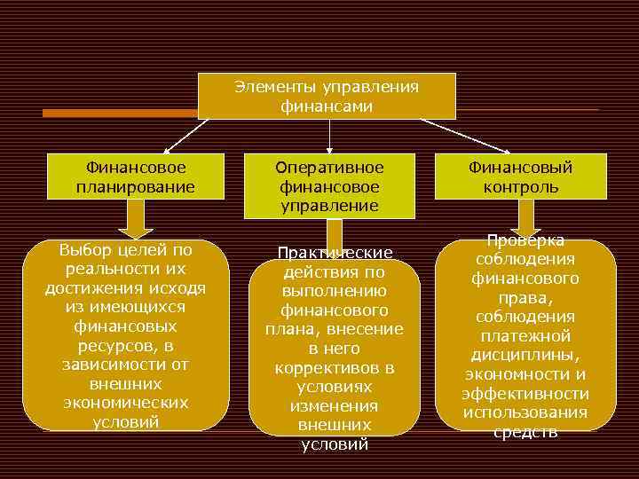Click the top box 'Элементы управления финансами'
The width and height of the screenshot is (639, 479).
tap(327, 96)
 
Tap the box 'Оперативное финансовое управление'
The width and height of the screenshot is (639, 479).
tap(329, 186)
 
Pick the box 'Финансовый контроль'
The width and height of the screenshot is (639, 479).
tap(521, 177)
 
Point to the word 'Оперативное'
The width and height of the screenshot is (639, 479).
tap(329, 168)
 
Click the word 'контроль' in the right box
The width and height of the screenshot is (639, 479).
tap(521, 186)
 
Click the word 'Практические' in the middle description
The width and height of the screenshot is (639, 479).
tap(335, 253)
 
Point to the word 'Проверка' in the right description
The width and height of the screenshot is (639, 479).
tap(525, 241)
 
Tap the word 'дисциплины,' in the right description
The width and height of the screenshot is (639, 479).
tap(526, 356)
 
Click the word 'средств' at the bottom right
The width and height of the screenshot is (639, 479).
tap(526, 432)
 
